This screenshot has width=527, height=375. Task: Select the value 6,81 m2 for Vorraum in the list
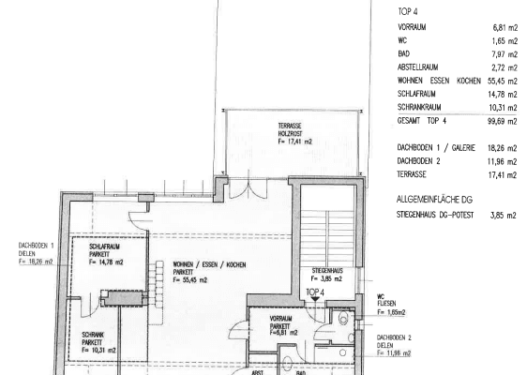(501, 29)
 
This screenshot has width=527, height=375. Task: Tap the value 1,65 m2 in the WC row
(501, 42)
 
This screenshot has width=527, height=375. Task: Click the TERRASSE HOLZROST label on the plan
(294, 132)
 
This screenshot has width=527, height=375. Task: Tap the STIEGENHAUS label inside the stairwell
(328, 274)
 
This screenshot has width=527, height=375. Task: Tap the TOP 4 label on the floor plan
(314, 292)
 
